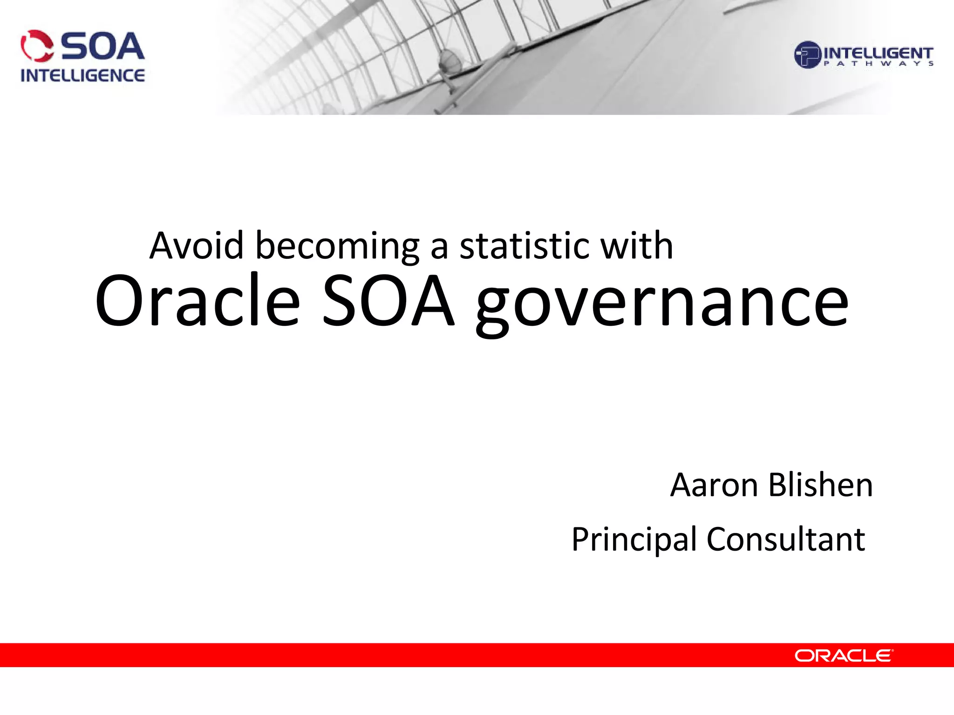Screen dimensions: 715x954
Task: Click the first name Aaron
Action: (714, 485)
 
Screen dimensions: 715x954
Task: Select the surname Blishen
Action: (820, 485)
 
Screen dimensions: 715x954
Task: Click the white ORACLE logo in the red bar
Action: (844, 655)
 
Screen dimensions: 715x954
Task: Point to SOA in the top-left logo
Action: (102, 47)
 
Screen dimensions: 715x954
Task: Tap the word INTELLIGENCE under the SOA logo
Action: (82, 75)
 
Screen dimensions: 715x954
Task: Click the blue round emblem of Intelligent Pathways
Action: (807, 55)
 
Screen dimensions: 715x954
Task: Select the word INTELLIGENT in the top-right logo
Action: (878, 53)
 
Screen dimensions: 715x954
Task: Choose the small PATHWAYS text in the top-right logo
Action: (878, 64)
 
